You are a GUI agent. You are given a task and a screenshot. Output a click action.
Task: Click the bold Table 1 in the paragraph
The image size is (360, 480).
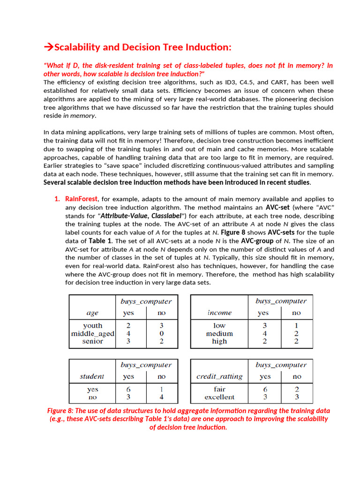coord(100,241)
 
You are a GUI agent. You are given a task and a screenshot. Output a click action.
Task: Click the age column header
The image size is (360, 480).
coord(92,313)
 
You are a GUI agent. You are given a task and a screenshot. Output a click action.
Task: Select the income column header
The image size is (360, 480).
coord(219,313)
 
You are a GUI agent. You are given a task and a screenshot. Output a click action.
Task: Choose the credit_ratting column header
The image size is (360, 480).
coord(219,376)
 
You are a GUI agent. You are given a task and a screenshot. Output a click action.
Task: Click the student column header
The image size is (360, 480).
coord(92,376)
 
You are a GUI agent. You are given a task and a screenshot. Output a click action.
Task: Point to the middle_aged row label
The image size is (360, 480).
coord(92,334)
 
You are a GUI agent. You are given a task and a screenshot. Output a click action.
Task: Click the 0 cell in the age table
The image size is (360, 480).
coord(161,334)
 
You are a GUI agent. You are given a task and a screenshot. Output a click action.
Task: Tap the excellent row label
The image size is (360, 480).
coord(219,397)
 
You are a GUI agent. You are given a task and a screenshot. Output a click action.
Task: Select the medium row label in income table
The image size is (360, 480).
coord(219,334)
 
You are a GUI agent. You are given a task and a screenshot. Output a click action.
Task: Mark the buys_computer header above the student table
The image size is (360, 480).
coord(146,365)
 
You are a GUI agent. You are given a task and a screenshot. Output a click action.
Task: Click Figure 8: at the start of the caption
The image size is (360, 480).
coord(62,411)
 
